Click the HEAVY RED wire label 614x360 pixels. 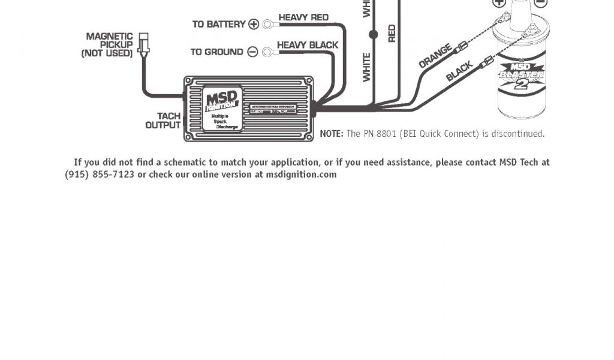(x=303, y=17)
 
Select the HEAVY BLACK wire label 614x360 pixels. (x=307, y=45)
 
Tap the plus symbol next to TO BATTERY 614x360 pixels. (x=254, y=24)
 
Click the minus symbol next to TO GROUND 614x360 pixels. (x=252, y=52)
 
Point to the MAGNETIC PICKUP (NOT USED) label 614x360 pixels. (x=109, y=45)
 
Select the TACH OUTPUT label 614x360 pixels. (x=163, y=121)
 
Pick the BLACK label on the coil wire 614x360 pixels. (x=459, y=71)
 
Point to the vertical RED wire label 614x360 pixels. (x=392, y=33)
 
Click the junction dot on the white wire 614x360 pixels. (x=374, y=35)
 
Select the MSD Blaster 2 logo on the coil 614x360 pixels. (x=522, y=75)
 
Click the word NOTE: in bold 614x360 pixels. (x=332, y=134)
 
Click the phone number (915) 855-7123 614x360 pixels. (x=100, y=175)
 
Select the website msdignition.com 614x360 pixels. (x=301, y=175)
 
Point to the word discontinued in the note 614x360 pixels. (x=517, y=134)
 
